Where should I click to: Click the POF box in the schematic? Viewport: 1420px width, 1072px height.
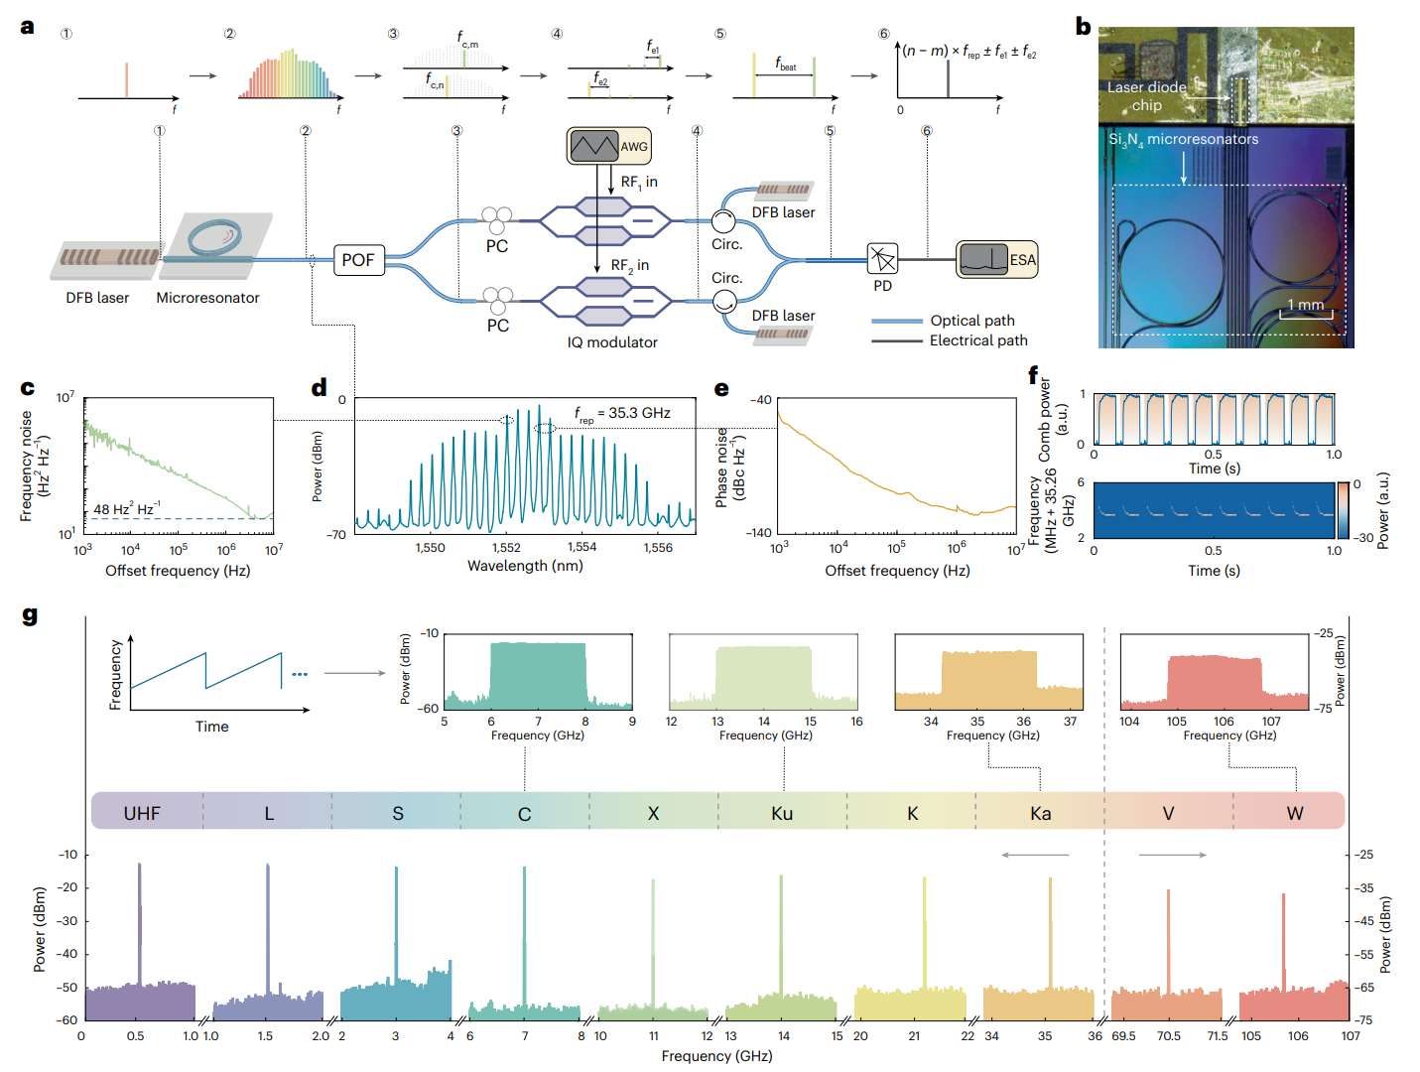click(358, 260)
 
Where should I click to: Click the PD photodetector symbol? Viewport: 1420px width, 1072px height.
click(881, 259)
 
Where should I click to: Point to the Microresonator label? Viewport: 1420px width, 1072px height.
click(207, 298)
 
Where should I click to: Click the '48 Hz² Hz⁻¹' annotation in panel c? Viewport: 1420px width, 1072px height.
click(126, 509)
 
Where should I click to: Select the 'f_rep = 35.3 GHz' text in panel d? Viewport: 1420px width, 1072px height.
click(622, 414)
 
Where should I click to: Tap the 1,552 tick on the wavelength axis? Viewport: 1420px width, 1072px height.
click(506, 547)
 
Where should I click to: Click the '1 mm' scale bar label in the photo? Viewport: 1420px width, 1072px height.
click(1305, 305)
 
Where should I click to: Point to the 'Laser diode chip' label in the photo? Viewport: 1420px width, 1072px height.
click(1147, 96)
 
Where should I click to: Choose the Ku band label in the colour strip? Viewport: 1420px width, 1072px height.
click(782, 813)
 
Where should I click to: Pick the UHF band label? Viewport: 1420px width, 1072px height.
click(142, 813)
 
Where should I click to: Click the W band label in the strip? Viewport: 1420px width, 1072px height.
click(1295, 813)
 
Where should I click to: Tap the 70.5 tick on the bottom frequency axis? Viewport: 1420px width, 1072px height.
click(1168, 1036)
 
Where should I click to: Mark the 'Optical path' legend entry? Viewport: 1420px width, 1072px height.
click(971, 321)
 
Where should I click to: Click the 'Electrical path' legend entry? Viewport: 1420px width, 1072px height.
click(977, 340)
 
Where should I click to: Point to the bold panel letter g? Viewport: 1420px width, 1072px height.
click(30, 615)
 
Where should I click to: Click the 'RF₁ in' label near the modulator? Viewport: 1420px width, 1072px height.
click(639, 183)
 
